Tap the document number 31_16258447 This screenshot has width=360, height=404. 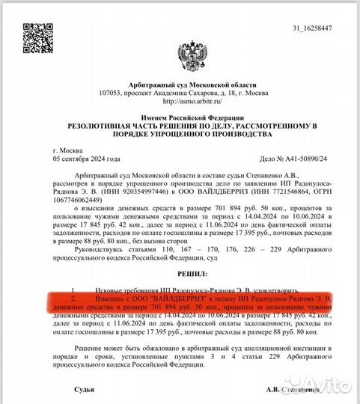pos(314,28)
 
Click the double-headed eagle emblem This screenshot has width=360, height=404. pos(179,55)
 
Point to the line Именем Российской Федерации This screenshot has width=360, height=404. pos(179,118)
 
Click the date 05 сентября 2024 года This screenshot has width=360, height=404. pos(86,159)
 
